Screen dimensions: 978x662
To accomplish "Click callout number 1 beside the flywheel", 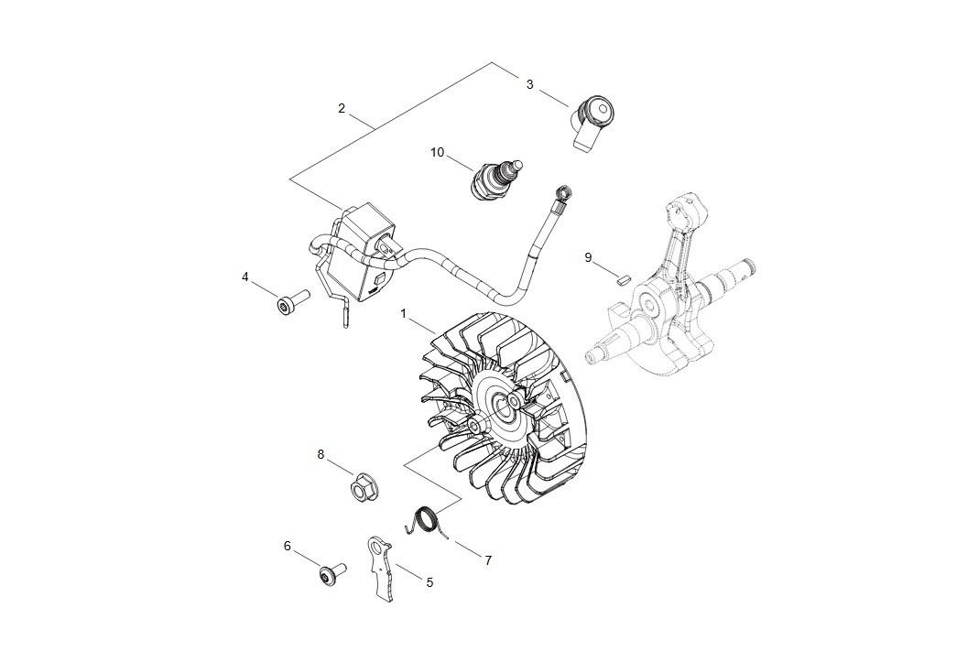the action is coord(404,313).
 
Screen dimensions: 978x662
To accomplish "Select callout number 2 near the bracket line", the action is coord(342,109).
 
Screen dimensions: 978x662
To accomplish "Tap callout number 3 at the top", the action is coord(529,84).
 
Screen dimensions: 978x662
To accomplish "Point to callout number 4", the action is coord(245,277).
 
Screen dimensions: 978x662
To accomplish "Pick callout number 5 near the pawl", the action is coord(429,582).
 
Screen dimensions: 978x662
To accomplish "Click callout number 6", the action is coord(287,546).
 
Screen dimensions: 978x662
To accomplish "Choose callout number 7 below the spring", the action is coord(488,561).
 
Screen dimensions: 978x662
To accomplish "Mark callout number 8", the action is coord(321,454).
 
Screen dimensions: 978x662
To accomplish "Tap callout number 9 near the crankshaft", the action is coord(588,257).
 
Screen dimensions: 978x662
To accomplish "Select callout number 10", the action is coord(437,152).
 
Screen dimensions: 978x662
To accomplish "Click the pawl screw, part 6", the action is coord(331,573).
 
